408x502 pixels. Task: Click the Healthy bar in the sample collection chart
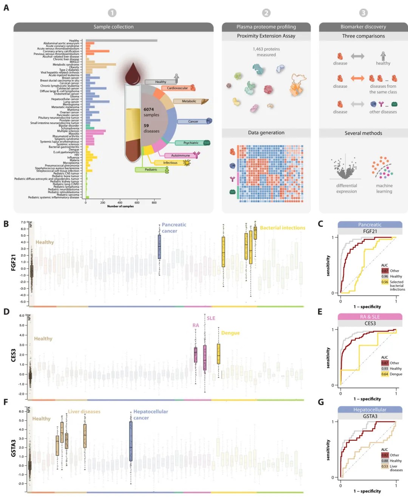pos(121,40)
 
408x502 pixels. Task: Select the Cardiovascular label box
pos(177,88)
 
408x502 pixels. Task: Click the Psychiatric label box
pos(191,143)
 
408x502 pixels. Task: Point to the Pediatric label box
pos(151,170)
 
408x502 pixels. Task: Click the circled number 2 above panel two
pos(266,13)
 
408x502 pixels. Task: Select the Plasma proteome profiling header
pos(266,27)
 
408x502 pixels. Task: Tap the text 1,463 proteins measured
pos(266,52)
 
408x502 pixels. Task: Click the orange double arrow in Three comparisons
pos(357,78)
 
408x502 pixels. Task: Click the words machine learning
pos(384,188)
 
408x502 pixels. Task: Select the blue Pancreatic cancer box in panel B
pos(159,246)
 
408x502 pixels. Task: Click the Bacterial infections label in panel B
pos(282,228)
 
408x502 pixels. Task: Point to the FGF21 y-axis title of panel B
pos(14,262)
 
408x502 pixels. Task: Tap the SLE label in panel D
pos(211,318)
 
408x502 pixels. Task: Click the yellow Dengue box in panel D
pos(218,354)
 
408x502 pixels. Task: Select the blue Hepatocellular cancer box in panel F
pos(131,441)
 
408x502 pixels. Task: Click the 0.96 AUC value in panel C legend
pos(385,276)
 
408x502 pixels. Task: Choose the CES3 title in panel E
pos(370,324)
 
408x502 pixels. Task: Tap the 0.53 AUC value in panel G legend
pos(385,466)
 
